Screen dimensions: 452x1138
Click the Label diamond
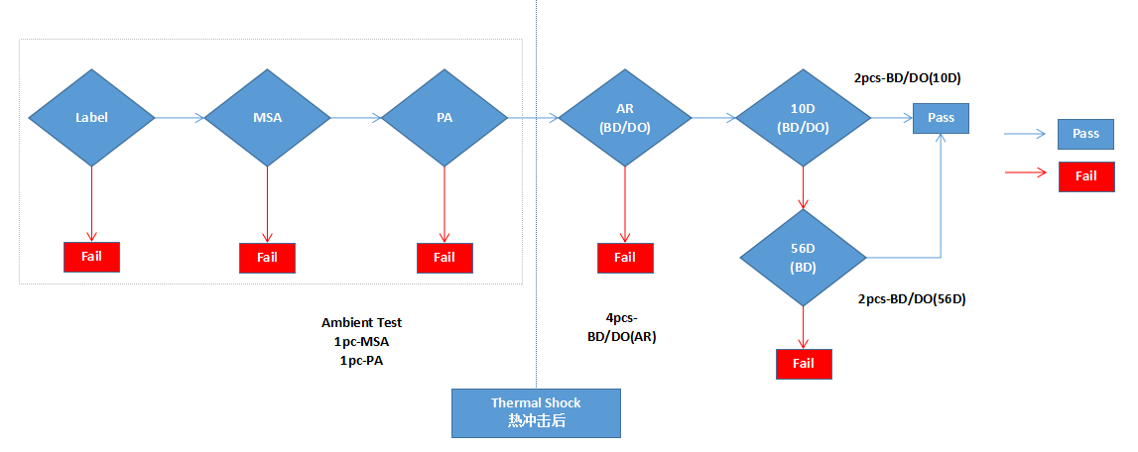[91, 118]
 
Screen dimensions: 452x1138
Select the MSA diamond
[268, 118]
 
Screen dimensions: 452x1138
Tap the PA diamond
[444, 118]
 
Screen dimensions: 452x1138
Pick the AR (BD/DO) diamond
[625, 118]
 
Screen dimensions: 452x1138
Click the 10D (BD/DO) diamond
[803, 118]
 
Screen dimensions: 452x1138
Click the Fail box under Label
[91, 257]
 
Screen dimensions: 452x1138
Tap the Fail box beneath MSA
[267, 258]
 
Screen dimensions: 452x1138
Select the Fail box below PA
[444, 258]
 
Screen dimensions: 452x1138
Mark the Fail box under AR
[625, 258]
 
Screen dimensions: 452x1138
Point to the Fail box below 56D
[804, 364]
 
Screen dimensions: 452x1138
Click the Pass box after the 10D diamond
[941, 118]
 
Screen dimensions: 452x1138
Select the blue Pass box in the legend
[1086, 134]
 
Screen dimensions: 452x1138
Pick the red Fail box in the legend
[1086, 176]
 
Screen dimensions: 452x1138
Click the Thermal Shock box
[536, 412]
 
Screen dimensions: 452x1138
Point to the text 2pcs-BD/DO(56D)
[910, 298]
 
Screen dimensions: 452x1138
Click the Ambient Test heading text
[361, 323]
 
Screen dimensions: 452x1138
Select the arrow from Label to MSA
[180, 118]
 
